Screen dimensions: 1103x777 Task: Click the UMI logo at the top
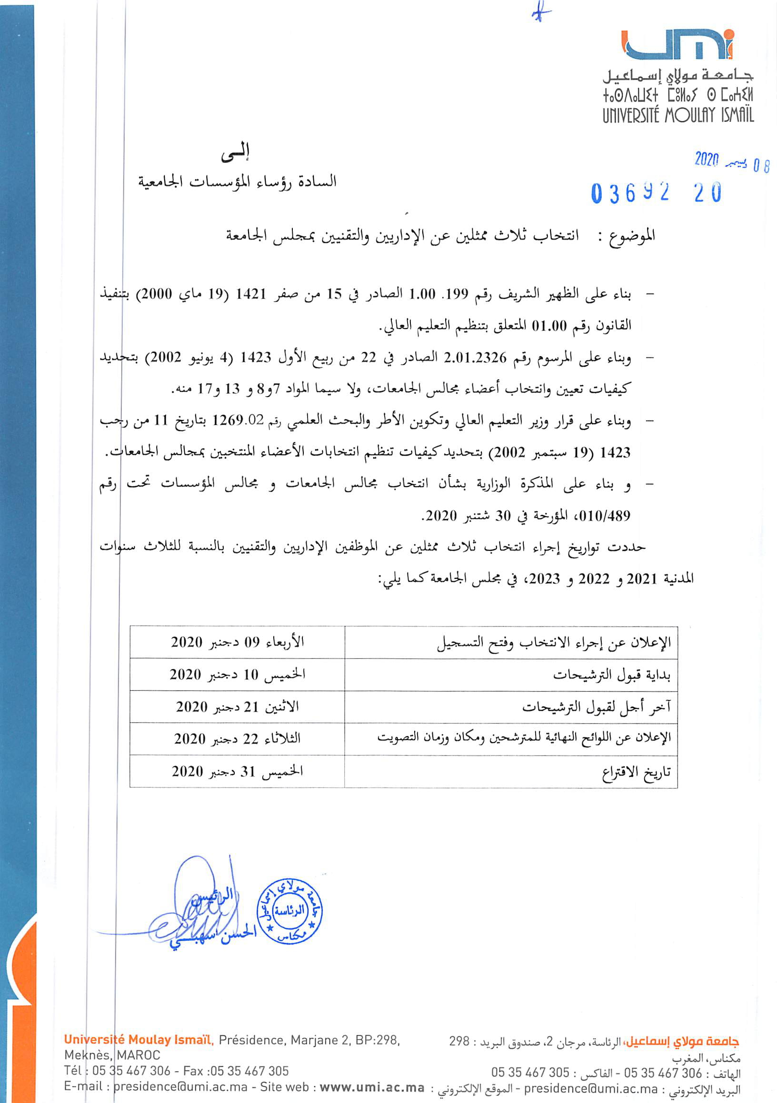click(677, 46)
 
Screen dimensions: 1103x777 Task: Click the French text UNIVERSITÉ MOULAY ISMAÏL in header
click(678, 115)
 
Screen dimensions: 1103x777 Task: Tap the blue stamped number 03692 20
click(656, 193)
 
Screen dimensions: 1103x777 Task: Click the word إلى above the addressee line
click(235, 153)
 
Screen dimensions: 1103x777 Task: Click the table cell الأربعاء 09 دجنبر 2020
click(238, 642)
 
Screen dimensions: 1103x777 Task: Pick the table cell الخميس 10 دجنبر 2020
click(238, 675)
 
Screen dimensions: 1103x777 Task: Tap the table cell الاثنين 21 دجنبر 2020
click(238, 706)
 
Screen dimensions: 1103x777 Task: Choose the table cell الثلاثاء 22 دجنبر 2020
click(238, 738)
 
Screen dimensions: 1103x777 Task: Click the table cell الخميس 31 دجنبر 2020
click(238, 771)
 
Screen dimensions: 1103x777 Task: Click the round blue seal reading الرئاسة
click(289, 911)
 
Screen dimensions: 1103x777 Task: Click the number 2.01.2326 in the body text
click(475, 358)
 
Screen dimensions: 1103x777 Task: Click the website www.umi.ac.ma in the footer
click(372, 1087)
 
